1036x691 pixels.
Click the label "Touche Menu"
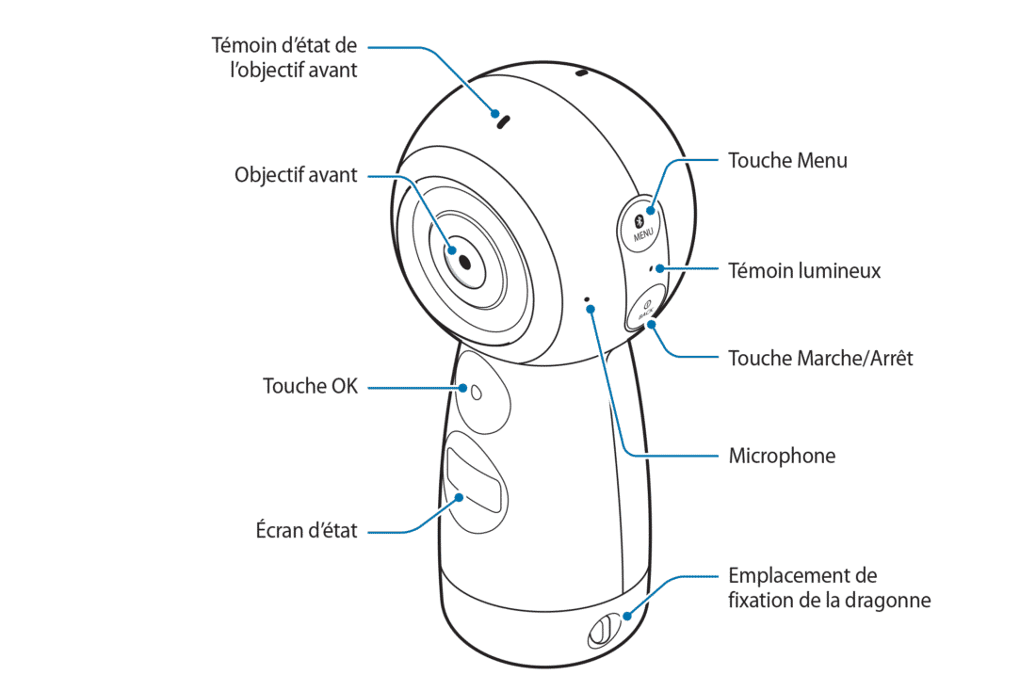point(787,161)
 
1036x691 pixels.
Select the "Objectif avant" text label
point(296,175)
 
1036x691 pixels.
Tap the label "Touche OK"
point(310,386)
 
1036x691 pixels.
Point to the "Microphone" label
point(782,456)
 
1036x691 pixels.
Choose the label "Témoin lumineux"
point(804,271)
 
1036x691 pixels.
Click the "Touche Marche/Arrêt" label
point(820,358)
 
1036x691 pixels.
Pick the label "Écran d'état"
point(306,530)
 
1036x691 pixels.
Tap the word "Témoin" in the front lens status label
point(244,45)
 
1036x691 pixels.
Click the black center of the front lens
point(464,263)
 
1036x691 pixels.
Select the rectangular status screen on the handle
point(474,479)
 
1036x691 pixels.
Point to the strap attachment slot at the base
point(603,632)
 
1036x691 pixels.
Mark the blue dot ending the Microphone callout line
point(591,309)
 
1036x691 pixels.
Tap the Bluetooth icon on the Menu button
point(639,220)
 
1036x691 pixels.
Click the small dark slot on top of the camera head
point(581,72)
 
